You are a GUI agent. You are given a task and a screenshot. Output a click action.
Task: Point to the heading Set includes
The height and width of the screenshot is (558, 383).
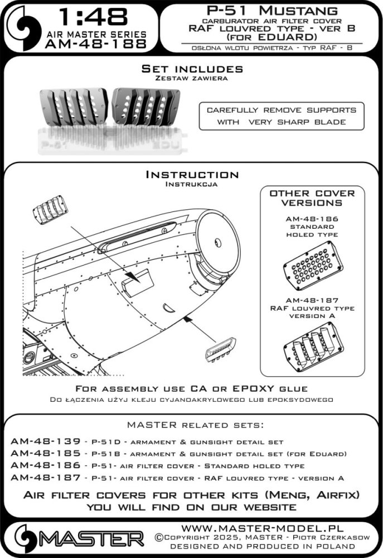(192, 69)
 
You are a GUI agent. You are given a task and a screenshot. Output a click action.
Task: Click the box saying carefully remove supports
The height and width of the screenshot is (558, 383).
(281, 116)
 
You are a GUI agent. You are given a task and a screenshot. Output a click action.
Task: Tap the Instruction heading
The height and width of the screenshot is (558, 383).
(192, 175)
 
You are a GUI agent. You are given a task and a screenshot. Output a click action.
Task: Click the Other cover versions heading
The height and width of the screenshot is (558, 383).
(312, 198)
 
